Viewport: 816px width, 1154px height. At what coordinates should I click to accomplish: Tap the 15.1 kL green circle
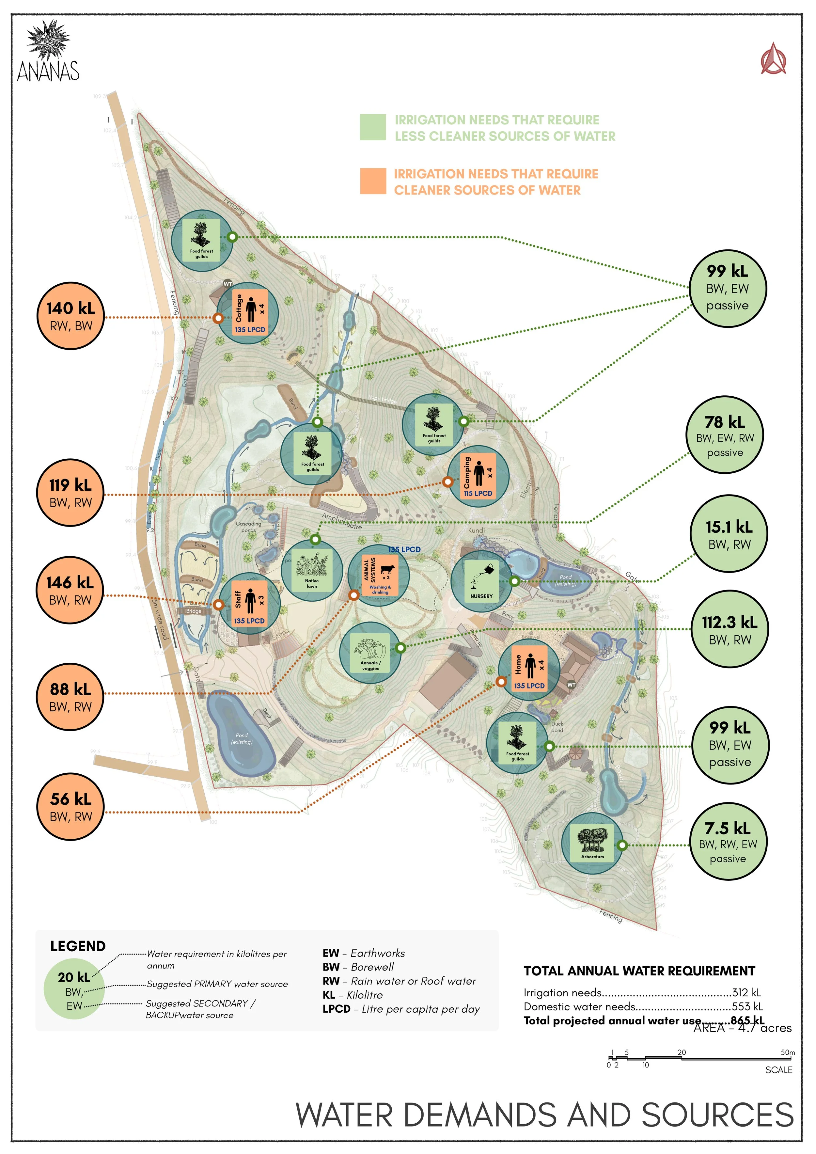tap(729, 534)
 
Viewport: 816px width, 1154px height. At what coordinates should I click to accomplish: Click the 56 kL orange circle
tap(71, 807)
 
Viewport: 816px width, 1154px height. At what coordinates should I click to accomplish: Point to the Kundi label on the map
tap(476, 530)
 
